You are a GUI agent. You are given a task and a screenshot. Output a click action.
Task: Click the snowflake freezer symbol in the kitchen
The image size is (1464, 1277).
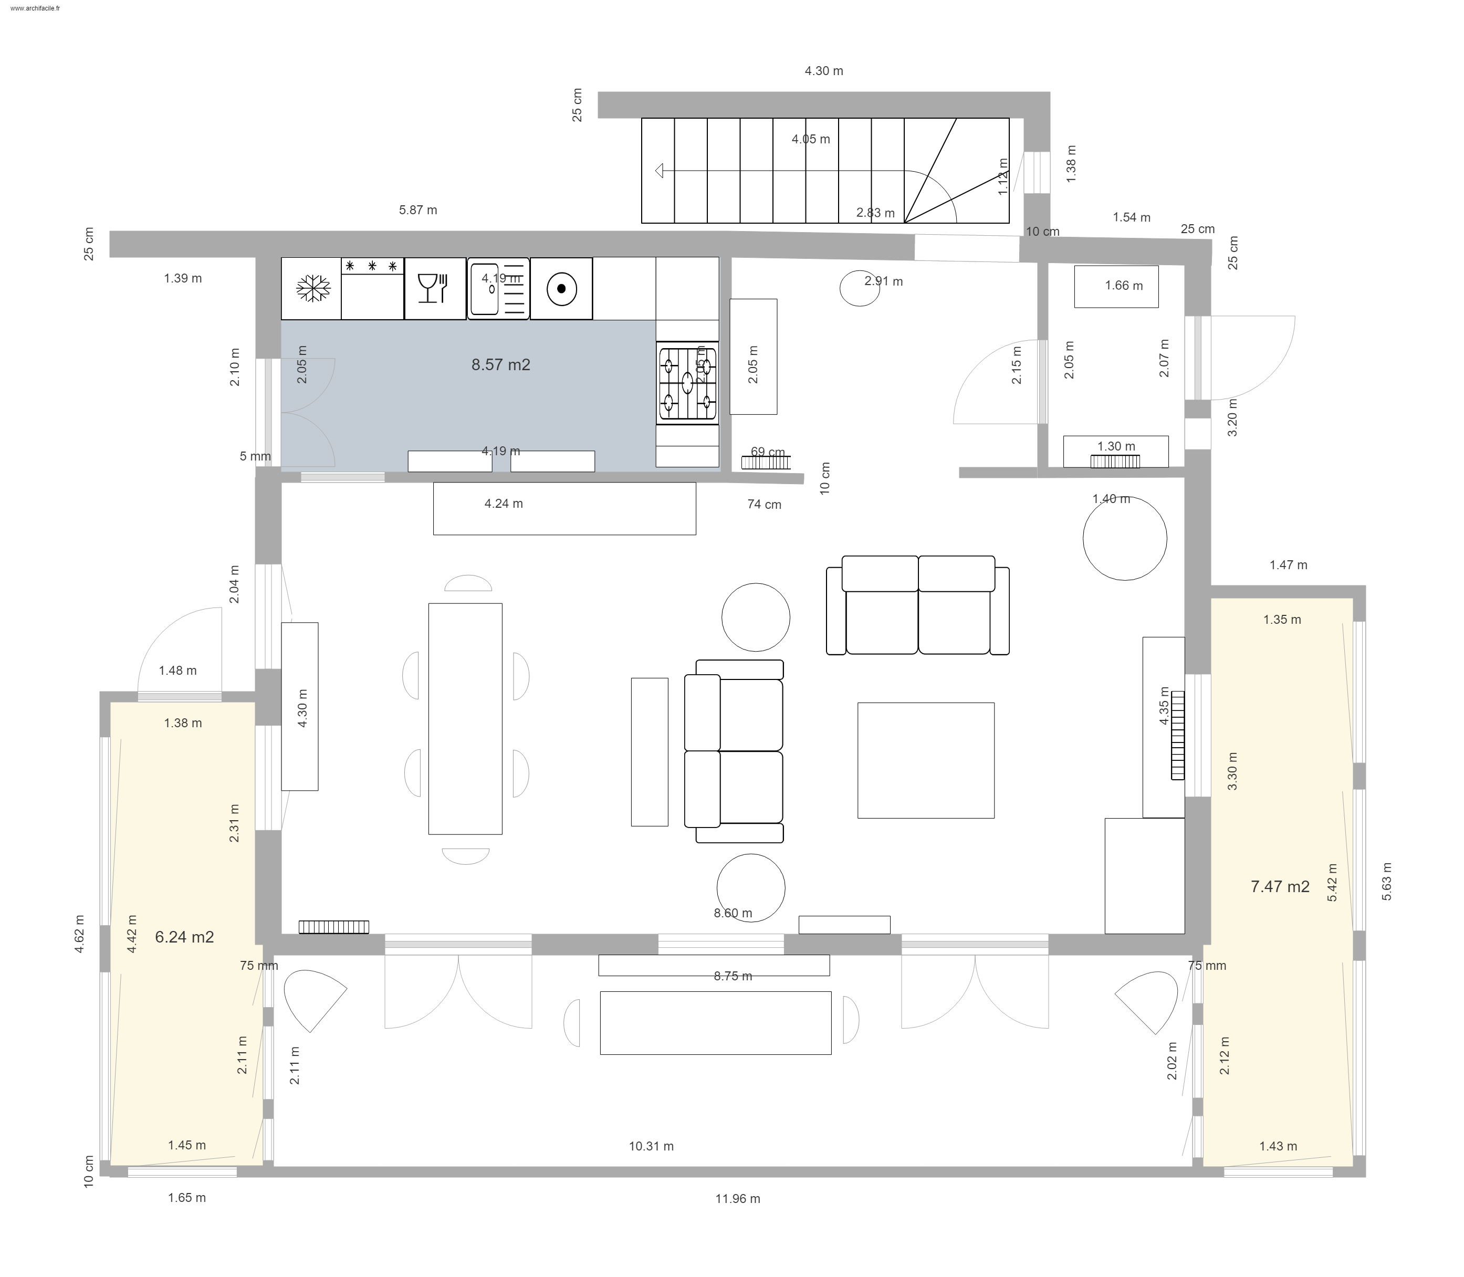(x=311, y=289)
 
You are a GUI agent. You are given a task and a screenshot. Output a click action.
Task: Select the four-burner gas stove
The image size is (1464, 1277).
(x=687, y=383)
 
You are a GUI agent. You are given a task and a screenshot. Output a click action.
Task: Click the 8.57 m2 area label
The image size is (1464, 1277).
(x=500, y=365)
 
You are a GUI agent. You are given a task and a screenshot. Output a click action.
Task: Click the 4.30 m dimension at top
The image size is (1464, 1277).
(x=823, y=71)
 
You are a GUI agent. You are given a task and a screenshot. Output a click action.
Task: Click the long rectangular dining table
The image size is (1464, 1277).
(x=465, y=718)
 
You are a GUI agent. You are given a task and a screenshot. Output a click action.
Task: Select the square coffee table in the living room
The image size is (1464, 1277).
(x=925, y=760)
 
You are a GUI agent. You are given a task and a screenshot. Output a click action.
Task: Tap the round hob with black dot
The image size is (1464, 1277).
(x=561, y=289)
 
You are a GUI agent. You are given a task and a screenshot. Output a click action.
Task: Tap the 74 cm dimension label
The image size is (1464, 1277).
(x=764, y=505)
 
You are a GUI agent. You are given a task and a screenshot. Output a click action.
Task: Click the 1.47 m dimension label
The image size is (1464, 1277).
(x=1288, y=565)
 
